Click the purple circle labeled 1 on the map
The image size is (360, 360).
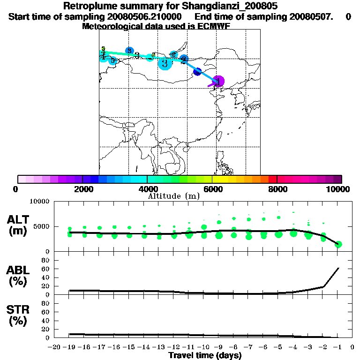218,81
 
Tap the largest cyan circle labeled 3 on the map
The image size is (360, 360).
165,63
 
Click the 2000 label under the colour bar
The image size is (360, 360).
82,189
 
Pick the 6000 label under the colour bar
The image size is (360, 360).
212,189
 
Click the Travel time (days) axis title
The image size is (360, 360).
205,356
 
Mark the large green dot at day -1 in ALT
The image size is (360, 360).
338,244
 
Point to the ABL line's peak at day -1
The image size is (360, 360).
338,268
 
